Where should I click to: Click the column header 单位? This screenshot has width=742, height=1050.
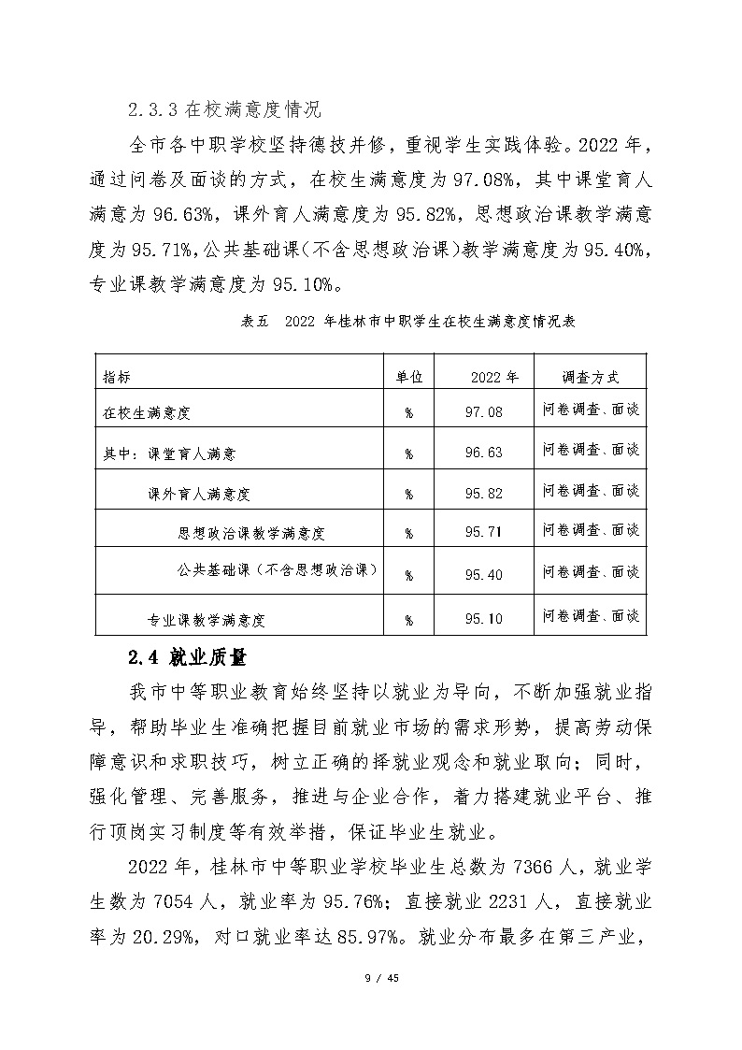(409, 377)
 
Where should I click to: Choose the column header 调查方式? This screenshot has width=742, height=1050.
(591, 377)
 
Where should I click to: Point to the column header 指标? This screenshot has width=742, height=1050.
(117, 377)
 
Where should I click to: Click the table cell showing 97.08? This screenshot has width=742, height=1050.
(483, 411)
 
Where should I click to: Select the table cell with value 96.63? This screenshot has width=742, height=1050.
(483, 453)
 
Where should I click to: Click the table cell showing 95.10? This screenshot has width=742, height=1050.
(483, 618)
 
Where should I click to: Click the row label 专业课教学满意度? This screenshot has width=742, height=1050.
(207, 618)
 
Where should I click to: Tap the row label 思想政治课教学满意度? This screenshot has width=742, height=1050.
(250, 534)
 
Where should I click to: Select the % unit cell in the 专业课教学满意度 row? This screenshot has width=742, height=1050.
(409, 618)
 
